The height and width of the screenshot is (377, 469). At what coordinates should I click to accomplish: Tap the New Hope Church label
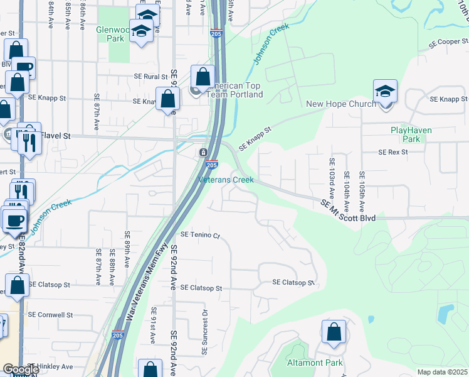(340, 104)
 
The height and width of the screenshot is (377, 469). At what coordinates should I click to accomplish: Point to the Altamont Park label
(315, 363)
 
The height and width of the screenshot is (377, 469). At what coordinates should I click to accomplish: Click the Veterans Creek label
(226, 180)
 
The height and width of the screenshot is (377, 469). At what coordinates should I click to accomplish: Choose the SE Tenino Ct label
(201, 235)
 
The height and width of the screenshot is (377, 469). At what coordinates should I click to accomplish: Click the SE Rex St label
(393, 152)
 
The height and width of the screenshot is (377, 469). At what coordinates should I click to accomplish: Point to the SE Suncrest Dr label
(204, 331)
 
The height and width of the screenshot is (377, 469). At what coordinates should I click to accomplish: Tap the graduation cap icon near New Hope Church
(385, 92)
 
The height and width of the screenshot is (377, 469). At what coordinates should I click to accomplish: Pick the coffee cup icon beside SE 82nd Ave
(14, 221)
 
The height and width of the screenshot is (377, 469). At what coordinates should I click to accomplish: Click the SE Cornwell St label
(51, 314)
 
